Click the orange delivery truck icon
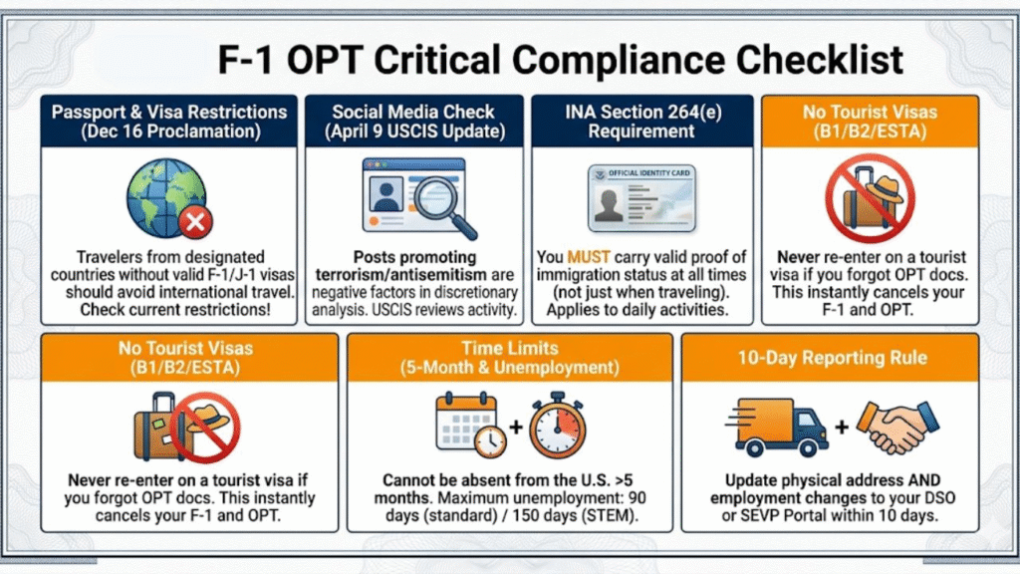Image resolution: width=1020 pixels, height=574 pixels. click(x=783, y=426)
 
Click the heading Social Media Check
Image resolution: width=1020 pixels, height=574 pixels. click(x=413, y=112)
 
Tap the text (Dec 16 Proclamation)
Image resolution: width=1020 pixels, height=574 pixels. click(x=168, y=131)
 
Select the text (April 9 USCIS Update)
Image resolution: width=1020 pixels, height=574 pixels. click(x=413, y=131)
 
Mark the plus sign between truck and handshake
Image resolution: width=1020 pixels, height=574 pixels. click(x=842, y=427)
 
